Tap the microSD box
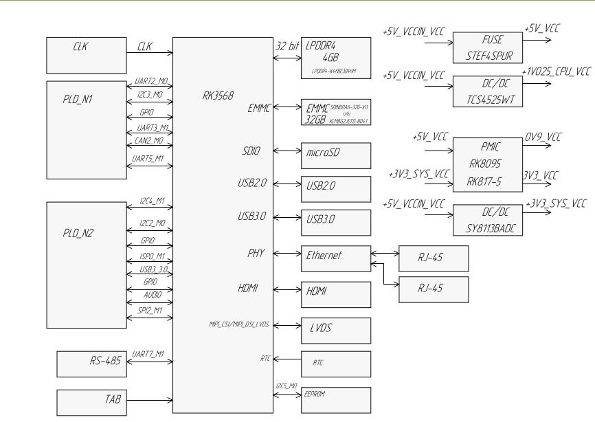[335, 152]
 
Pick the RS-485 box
[91, 362]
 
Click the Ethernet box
[335, 256]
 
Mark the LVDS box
[335, 329]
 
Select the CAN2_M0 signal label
[149, 140]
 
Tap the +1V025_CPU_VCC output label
[556, 71]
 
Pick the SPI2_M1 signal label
[150, 311]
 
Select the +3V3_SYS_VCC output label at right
[556, 204]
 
